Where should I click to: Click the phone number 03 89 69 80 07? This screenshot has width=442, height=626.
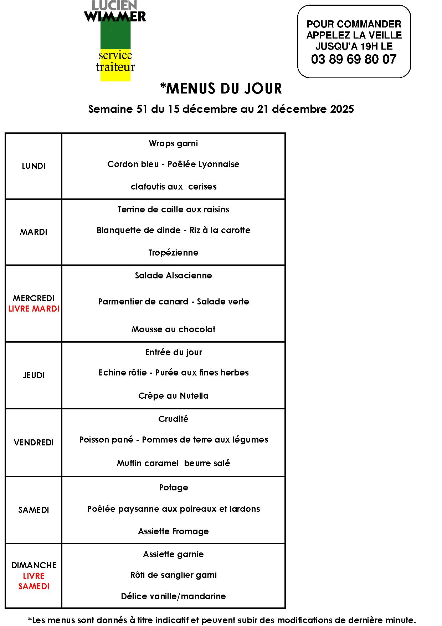(354, 59)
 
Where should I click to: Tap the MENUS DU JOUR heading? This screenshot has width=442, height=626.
(221, 89)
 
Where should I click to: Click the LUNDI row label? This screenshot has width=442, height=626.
(34, 166)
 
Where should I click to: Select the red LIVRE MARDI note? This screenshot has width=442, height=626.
(34, 309)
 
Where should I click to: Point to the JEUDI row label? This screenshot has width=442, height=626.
(34, 375)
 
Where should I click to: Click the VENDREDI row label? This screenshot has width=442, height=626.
(34, 443)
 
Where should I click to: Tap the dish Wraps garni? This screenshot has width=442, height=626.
(173, 143)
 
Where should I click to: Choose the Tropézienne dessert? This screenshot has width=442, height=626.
(173, 253)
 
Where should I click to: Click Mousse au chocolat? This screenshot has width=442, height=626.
(173, 329)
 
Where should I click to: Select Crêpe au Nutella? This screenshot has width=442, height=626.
(173, 396)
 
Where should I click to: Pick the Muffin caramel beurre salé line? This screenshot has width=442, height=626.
(173, 463)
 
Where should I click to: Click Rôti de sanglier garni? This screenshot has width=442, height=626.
(173, 575)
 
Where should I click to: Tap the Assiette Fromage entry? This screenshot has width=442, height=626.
(173, 531)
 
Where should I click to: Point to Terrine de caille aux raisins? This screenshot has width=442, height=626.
(173, 209)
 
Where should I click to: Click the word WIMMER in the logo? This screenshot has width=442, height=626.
(115, 16)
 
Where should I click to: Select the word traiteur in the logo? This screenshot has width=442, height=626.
(115, 67)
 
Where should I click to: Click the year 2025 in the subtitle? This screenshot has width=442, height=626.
(342, 109)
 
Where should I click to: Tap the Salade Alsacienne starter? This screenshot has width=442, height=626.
(173, 276)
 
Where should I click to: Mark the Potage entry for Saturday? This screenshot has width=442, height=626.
(173, 488)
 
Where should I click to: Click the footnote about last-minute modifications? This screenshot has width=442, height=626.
(222, 620)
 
